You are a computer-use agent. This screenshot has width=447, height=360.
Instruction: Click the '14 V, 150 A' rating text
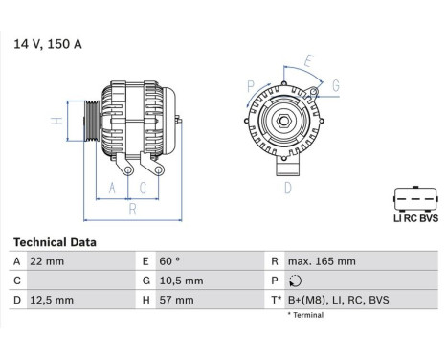[47, 42]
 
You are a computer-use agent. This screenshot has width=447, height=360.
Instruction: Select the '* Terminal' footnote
[305, 315]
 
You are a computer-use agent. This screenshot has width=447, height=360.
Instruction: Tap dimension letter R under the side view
[132, 208]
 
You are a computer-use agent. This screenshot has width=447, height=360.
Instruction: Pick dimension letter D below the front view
[287, 188]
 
